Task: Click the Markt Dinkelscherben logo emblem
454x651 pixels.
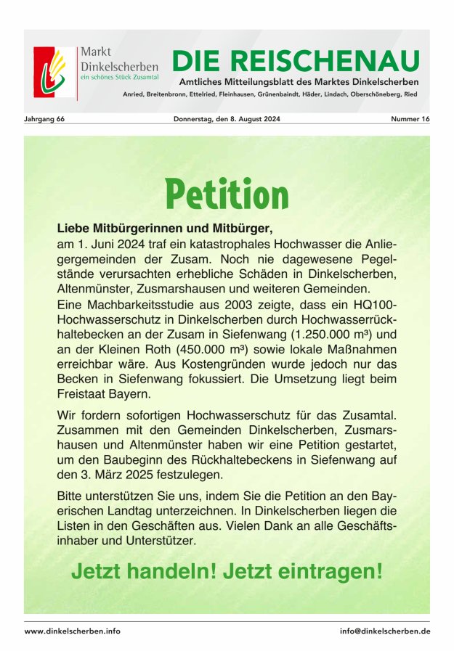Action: tap(54, 73)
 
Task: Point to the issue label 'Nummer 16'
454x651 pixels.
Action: tap(410, 119)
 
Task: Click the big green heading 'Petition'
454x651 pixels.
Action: tap(227, 195)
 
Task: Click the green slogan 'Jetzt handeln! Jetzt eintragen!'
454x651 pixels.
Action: tap(227, 570)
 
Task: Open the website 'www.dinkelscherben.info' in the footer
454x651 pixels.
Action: tap(73, 631)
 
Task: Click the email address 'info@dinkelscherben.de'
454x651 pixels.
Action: tap(385, 631)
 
